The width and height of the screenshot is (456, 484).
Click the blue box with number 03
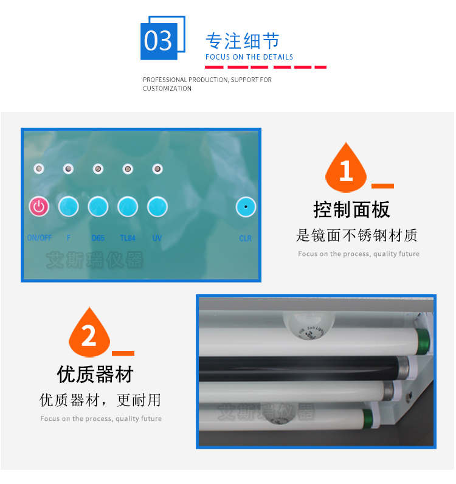pos(159,41)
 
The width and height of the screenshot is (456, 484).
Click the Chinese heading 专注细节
pos(242,41)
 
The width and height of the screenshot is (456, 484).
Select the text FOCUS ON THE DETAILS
pos(249,57)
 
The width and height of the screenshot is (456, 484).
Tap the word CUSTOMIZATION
pos(167,89)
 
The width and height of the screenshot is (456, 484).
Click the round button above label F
pos(69,207)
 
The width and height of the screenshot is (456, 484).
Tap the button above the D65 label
pos(98,207)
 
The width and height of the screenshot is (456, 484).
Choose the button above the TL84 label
pos(128,207)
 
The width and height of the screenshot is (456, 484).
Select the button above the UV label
pos(157,207)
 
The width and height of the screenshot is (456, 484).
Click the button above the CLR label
pos(246,207)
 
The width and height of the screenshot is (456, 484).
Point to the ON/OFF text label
pos(40,238)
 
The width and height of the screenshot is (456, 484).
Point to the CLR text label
pos(245,238)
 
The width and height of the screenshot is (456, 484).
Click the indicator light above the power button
pos(39,168)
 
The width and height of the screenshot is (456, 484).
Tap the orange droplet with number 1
pos(347,168)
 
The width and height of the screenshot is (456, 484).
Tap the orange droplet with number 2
pos(89,333)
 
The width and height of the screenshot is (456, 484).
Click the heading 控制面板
pos(351,210)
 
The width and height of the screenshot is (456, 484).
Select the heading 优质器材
pos(95,374)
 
